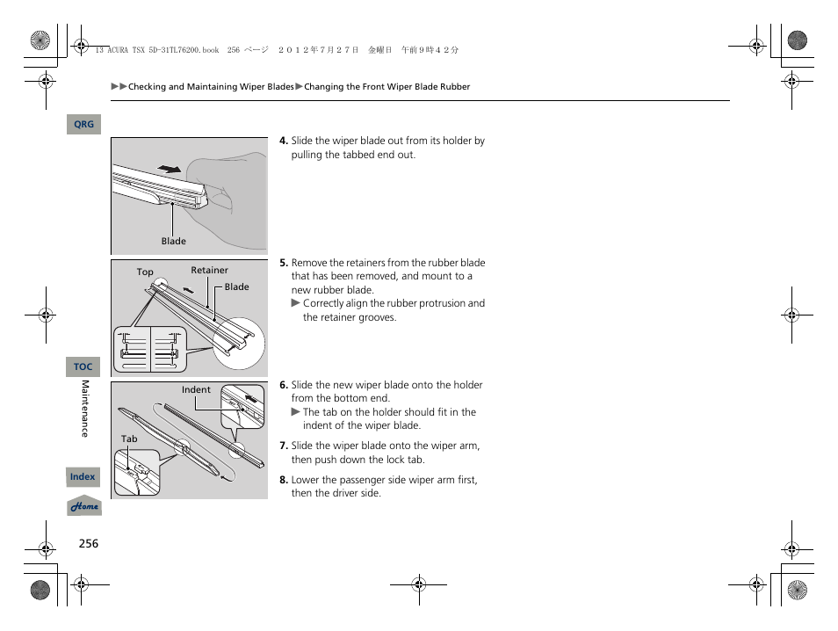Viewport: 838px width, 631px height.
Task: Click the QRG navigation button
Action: pyautogui.click(x=83, y=125)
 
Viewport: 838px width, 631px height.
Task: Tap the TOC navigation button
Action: pyautogui.click(x=83, y=366)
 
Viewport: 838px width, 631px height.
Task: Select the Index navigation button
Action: pyautogui.click(x=83, y=476)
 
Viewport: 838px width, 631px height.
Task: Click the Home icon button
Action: pyautogui.click(x=84, y=507)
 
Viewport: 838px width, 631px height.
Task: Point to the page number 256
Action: pyautogui.click(x=88, y=543)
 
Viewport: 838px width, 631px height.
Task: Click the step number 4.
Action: pyautogui.click(x=284, y=141)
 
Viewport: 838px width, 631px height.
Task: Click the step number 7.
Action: pyautogui.click(x=284, y=446)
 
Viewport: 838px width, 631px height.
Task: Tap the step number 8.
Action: pyautogui.click(x=284, y=480)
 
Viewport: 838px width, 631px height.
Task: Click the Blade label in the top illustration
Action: pyautogui.click(x=173, y=241)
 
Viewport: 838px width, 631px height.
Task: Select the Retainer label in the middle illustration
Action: pyautogui.click(x=209, y=271)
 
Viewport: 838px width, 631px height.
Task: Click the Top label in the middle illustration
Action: pyautogui.click(x=145, y=272)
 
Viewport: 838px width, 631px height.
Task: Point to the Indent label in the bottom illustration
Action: pyautogui.click(x=196, y=389)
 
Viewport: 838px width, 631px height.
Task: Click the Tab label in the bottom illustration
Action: pyautogui.click(x=129, y=439)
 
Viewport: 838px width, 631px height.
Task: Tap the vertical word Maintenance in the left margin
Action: pyautogui.click(x=85, y=409)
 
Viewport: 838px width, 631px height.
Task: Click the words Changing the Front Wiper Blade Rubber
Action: pyautogui.click(x=386, y=87)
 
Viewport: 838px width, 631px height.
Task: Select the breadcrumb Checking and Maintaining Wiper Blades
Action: pyautogui.click(x=211, y=87)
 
